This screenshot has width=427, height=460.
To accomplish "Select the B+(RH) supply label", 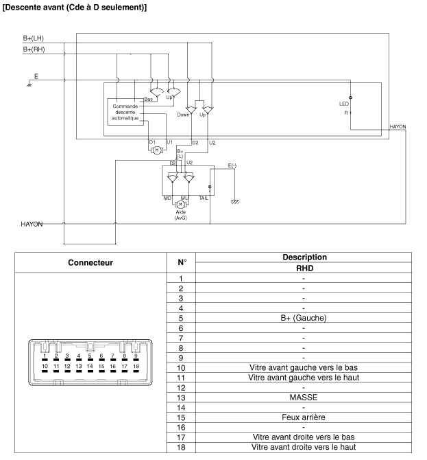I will coord(34,50).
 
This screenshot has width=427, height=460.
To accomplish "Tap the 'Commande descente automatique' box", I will coord(125,111).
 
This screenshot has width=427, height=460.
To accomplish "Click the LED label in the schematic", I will coord(344,104).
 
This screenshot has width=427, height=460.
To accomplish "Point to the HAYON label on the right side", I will coord(398,127).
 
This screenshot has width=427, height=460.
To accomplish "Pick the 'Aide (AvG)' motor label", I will coord(180,215).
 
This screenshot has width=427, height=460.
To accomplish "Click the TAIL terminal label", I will coord(204,198).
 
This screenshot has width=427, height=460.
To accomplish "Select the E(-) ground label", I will coord(234,166).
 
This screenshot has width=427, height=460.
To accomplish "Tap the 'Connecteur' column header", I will coord(85,263).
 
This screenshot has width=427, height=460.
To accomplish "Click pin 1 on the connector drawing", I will coord(45,357).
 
